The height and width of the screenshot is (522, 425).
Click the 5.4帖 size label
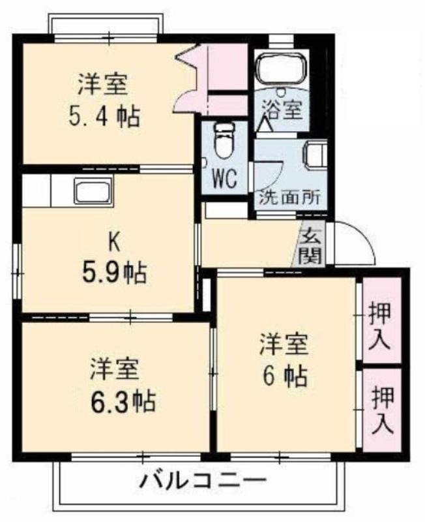104,117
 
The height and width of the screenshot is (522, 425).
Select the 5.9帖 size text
114,273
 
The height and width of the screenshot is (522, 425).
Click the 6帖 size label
285,376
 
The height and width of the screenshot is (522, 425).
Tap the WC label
224,178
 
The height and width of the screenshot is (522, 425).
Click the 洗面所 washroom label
290,198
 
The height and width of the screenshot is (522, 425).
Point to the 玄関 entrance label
312,247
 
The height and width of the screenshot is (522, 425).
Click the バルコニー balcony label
203,480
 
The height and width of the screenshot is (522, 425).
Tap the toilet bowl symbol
223,140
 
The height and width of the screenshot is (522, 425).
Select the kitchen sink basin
93,190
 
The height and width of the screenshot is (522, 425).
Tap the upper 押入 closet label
379,325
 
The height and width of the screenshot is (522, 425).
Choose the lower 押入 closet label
383,410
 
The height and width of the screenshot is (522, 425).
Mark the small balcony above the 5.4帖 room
106,23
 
